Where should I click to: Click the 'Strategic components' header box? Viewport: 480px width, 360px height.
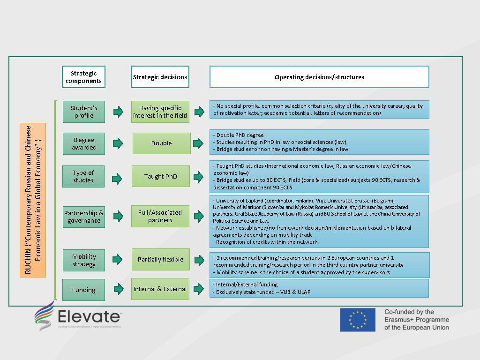83,77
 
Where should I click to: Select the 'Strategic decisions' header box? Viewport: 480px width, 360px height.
160,77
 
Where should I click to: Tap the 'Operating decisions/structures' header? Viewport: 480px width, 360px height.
319,77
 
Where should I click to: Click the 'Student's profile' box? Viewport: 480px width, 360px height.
84,112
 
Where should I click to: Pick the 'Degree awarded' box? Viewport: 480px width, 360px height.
84,143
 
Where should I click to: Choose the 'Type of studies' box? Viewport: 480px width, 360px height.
83,176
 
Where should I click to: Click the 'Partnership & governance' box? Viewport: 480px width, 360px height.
84,217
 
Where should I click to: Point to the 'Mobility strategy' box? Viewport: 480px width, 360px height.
84,260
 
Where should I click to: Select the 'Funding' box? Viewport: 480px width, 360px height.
84,290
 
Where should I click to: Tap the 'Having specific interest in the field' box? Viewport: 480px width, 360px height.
160,112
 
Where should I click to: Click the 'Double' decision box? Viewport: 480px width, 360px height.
161,143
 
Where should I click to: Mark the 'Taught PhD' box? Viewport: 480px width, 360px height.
160,177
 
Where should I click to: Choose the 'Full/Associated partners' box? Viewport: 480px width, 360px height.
160,216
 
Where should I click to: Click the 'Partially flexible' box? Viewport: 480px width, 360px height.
160,259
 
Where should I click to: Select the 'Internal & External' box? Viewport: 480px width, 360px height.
160,289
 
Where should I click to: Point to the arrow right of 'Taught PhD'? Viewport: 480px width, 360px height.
199,177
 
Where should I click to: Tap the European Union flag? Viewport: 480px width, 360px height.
358,320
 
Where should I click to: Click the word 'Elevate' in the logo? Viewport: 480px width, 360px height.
89,315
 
